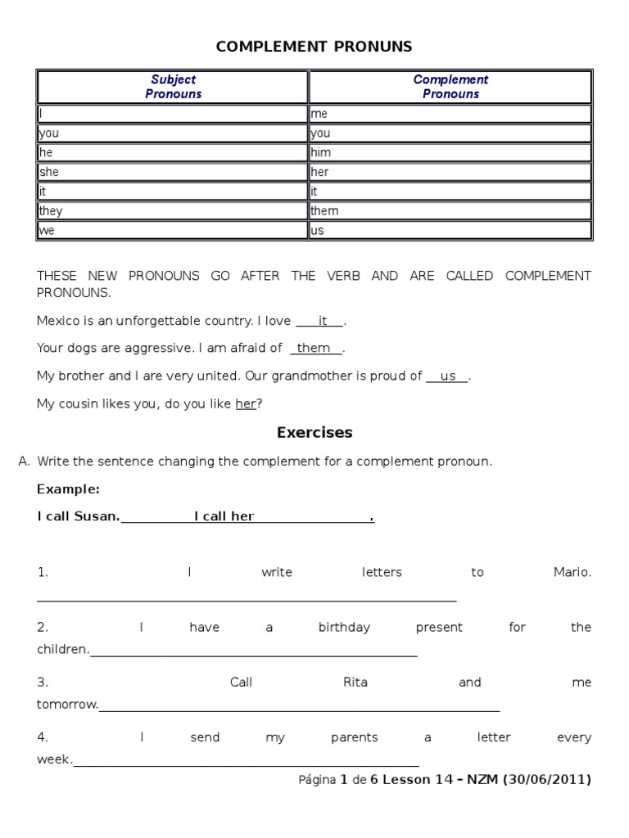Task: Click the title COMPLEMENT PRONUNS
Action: tap(314, 47)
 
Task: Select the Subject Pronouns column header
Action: tap(173, 87)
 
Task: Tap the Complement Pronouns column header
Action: tap(450, 87)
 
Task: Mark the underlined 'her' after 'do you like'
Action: tap(246, 403)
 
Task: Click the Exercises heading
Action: tap(314, 432)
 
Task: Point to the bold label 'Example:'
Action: tap(68, 489)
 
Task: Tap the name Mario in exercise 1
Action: tap(572, 572)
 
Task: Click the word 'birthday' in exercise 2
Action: tap(344, 627)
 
